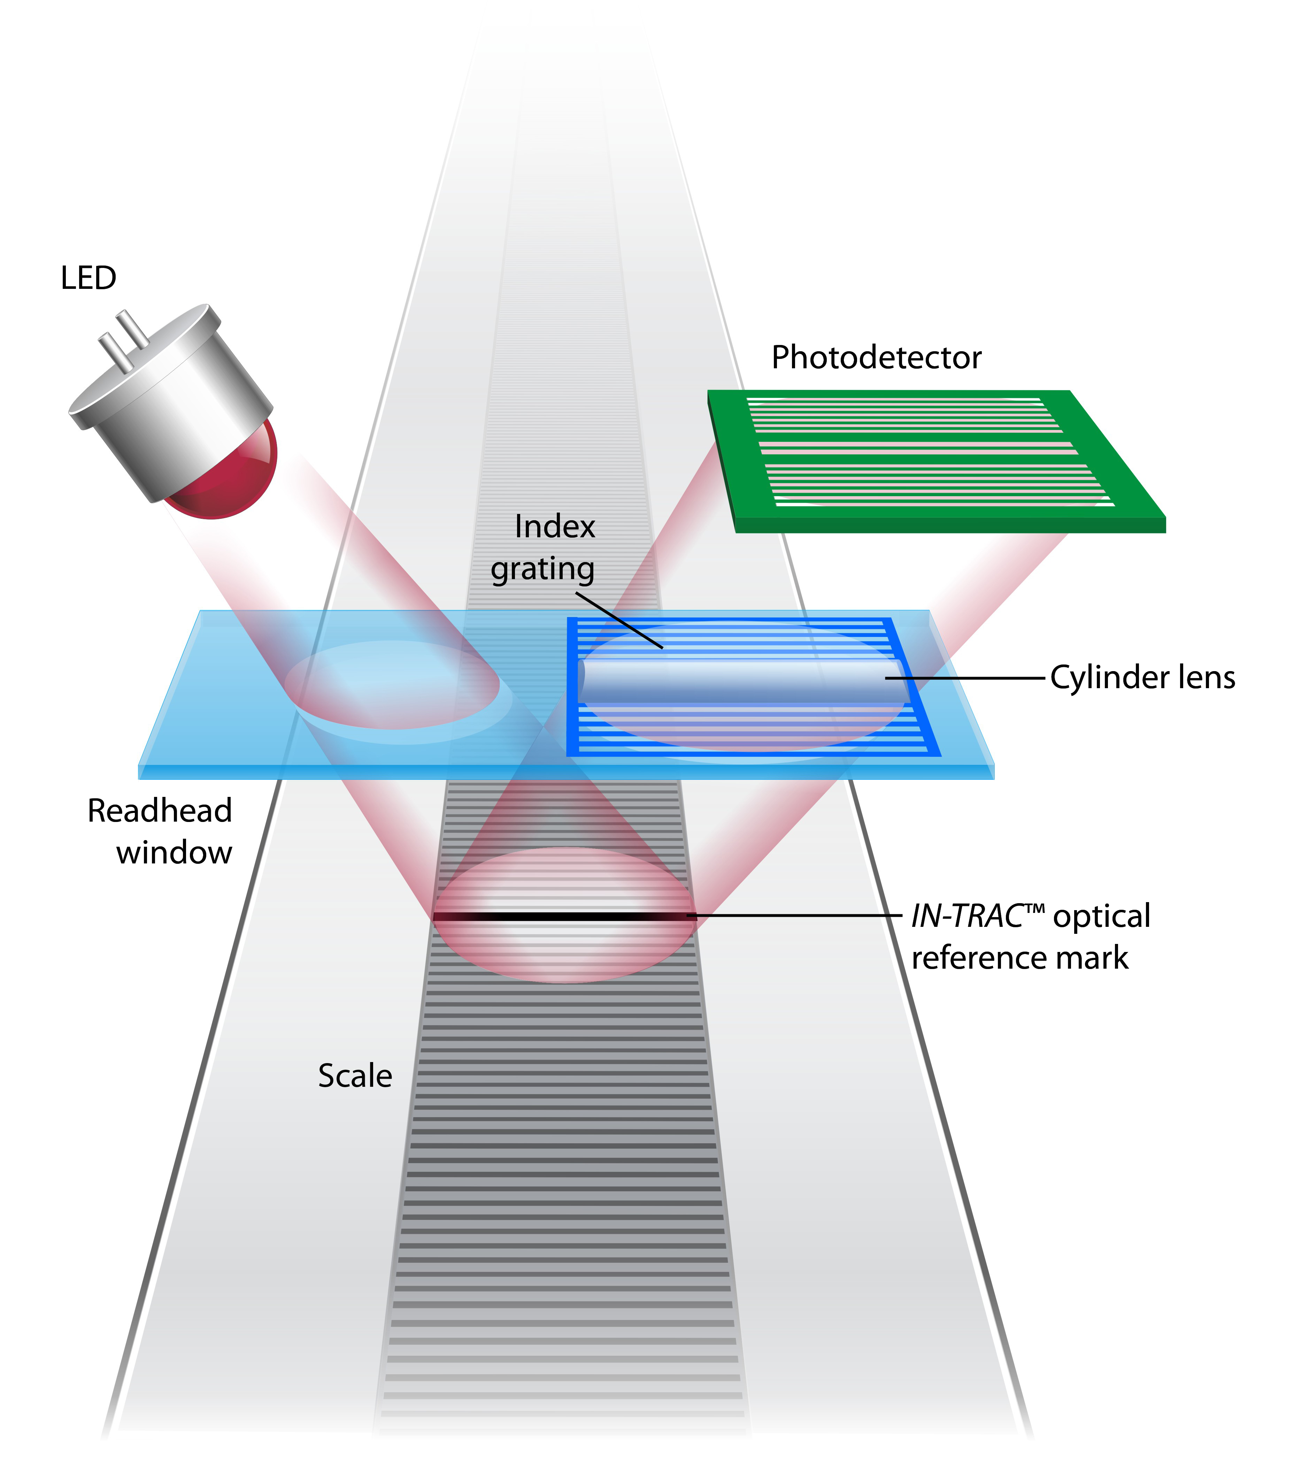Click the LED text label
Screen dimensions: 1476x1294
point(88,278)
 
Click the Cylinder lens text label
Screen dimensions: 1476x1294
point(1142,677)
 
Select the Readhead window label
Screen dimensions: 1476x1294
point(160,831)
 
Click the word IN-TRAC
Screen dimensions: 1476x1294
point(968,916)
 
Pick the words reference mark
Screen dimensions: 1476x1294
point(1019,958)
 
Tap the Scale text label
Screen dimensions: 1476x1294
point(355,1076)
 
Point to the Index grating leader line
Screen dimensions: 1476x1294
point(619,621)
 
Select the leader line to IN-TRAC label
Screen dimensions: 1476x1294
point(794,916)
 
